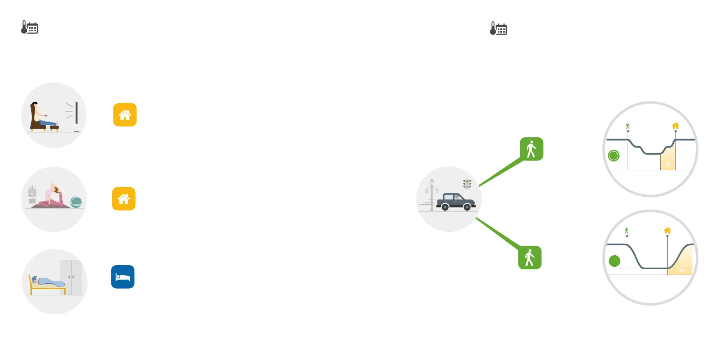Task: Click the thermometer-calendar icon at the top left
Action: click(30, 28)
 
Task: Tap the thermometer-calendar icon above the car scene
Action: click(498, 28)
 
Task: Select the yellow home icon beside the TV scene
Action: click(125, 115)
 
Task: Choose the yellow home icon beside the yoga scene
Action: click(124, 199)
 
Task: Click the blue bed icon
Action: click(123, 277)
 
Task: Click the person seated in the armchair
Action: click(39, 115)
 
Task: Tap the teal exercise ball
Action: click(76, 202)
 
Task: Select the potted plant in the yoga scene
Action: click(32, 194)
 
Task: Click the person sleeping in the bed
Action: click(47, 282)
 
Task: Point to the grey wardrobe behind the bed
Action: click(71, 277)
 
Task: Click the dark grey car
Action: click(455, 202)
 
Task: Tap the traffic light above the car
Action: click(467, 184)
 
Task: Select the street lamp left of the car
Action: click(432, 194)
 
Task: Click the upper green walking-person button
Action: click(532, 149)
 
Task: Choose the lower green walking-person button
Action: click(530, 258)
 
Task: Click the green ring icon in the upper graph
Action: click(614, 155)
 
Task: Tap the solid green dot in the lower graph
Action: click(614, 261)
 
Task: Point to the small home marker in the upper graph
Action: click(675, 126)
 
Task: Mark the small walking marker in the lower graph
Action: click(627, 231)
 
